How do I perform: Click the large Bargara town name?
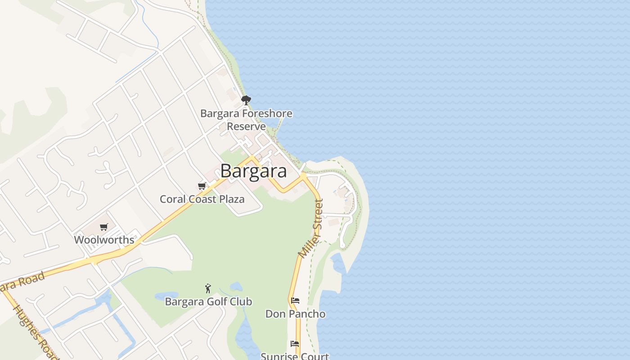click(x=253, y=171)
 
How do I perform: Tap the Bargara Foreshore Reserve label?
click(x=246, y=120)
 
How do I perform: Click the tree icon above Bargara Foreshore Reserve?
click(x=246, y=100)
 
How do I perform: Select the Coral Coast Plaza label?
click(x=202, y=199)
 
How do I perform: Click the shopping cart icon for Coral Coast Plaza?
click(x=202, y=186)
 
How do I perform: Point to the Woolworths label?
click(x=104, y=240)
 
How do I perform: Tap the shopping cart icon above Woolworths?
click(x=104, y=227)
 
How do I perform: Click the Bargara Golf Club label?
click(x=208, y=301)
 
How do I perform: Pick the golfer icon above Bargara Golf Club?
click(x=208, y=288)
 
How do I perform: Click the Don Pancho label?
click(x=295, y=314)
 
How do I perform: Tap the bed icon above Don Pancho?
click(x=295, y=300)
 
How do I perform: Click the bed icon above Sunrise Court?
click(x=295, y=344)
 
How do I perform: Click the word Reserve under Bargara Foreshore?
click(x=246, y=126)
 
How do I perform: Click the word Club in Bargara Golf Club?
click(x=242, y=301)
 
